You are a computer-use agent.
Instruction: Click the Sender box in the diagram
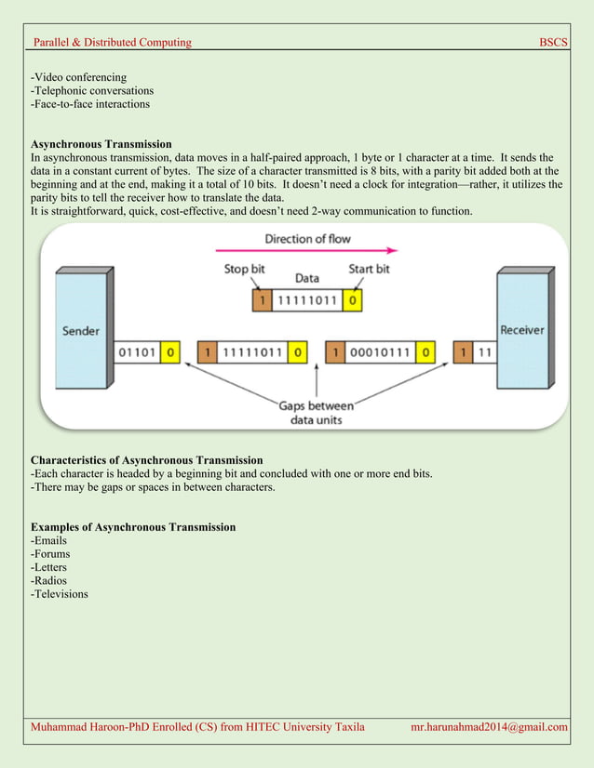pyautogui.click(x=81, y=331)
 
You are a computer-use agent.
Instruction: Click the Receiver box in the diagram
pyautogui.click(x=521, y=331)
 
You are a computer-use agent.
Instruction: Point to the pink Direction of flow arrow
pyautogui.click(x=306, y=250)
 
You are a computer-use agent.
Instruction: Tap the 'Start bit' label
pyautogui.click(x=369, y=270)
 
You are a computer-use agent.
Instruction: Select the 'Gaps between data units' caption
pyautogui.click(x=316, y=412)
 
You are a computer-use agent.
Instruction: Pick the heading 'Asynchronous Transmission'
pyautogui.click(x=101, y=144)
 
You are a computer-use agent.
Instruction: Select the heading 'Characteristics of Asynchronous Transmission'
pyautogui.click(x=146, y=460)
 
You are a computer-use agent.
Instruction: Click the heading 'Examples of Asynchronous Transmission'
pyautogui.click(x=133, y=527)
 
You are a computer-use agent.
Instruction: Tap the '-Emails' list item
pyautogui.click(x=48, y=540)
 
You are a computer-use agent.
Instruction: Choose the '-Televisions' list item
pyautogui.click(x=60, y=593)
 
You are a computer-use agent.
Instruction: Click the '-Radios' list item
pyautogui.click(x=49, y=580)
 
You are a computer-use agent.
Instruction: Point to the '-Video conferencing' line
pyautogui.click(x=78, y=77)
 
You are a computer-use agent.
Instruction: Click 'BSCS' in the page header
pyautogui.click(x=553, y=43)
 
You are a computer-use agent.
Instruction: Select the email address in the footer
pyautogui.click(x=489, y=726)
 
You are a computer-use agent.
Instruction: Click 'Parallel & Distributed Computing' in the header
pyautogui.click(x=112, y=43)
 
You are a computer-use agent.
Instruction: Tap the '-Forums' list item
pyautogui.click(x=50, y=554)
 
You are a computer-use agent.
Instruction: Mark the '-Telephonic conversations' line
pyautogui.click(x=92, y=91)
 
